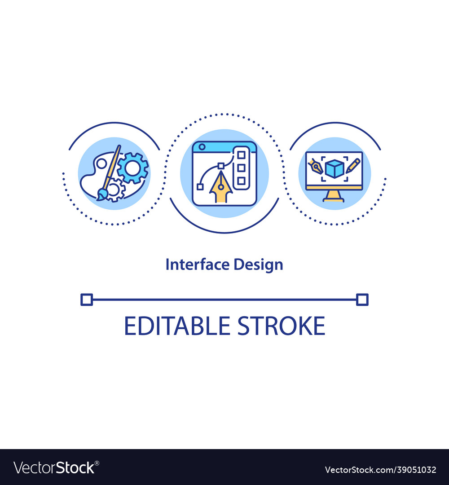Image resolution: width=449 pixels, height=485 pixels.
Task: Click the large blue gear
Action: click(x=132, y=168)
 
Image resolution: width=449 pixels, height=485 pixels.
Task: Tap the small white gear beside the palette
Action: click(x=114, y=190)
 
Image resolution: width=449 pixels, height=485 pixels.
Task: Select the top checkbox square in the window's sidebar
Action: click(x=241, y=155)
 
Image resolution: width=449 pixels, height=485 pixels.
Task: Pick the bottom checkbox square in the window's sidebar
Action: click(x=241, y=181)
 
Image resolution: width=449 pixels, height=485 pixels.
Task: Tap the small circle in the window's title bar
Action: click(x=202, y=147)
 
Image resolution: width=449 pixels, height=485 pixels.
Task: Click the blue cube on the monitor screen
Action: click(x=335, y=169)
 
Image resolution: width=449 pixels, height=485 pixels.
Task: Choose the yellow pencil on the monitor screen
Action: click(x=352, y=165)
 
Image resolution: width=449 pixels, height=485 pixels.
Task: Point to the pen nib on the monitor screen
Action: click(x=316, y=168)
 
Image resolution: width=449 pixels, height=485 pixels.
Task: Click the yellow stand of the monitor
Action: click(x=334, y=196)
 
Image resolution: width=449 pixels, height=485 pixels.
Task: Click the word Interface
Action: click(x=198, y=265)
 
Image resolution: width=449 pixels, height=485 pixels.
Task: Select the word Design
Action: click(x=258, y=265)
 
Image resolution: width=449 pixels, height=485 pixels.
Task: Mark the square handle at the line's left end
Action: click(x=86, y=300)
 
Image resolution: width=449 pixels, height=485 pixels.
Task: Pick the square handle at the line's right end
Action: click(x=362, y=300)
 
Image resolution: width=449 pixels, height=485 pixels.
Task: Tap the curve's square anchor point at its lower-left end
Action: click(x=199, y=186)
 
